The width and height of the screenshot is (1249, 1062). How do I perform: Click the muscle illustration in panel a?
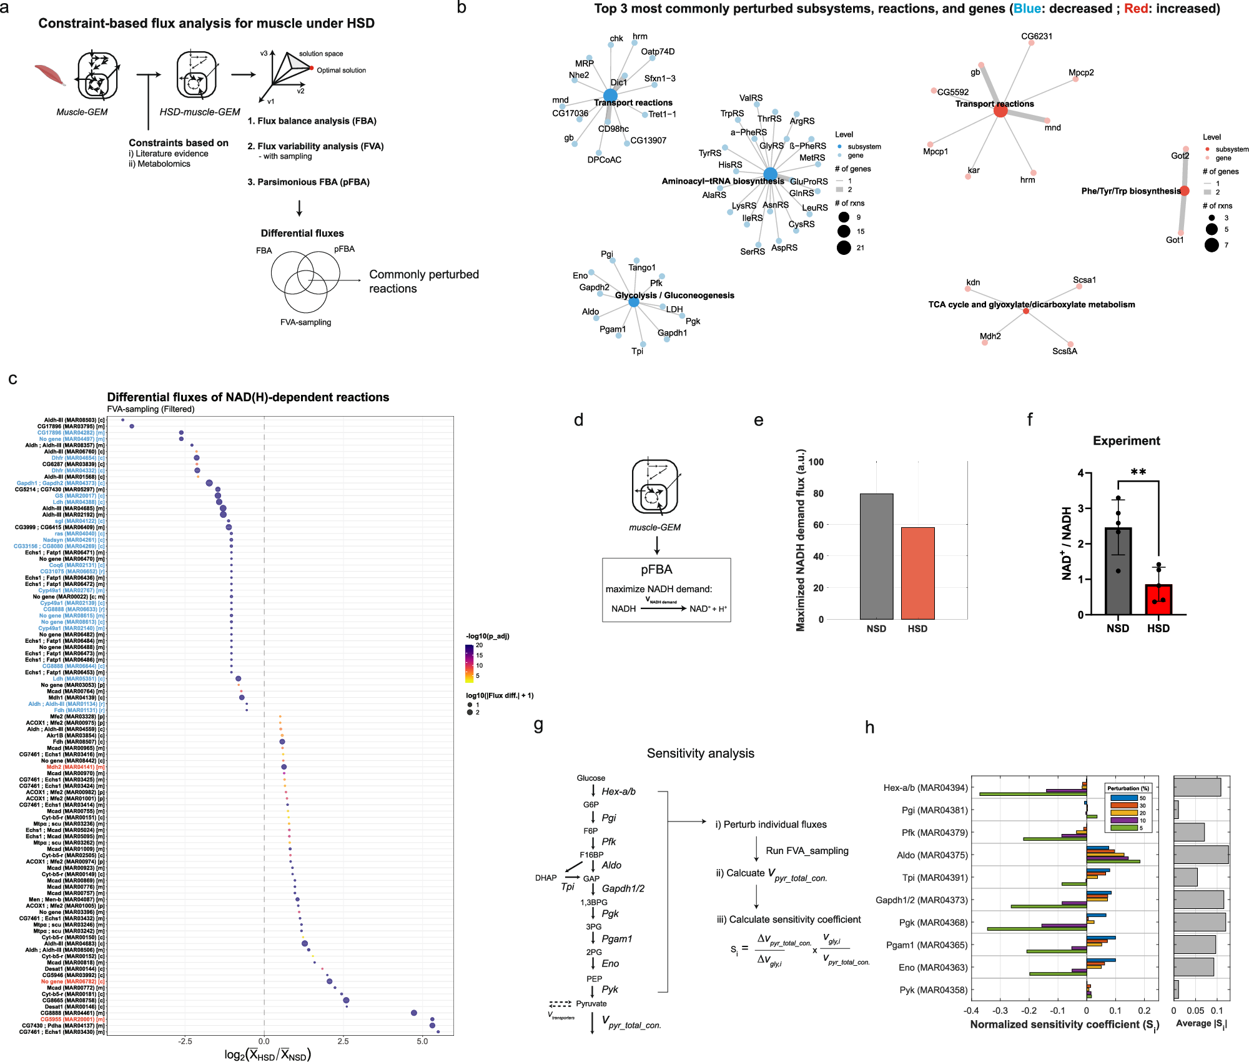pyautogui.click(x=50, y=75)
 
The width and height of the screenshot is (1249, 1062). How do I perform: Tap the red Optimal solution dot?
pyautogui.click(x=312, y=67)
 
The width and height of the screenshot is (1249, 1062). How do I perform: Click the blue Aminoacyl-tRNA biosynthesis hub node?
pyautogui.click(x=770, y=174)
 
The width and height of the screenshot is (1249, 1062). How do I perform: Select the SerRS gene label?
pyautogui.click(x=752, y=252)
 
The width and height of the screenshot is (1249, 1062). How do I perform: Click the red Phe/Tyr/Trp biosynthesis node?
pyautogui.click(x=1185, y=191)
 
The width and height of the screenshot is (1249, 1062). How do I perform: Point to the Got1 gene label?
pyautogui.click(x=1174, y=240)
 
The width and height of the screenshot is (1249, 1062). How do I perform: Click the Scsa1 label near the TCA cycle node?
pyautogui.click(x=1084, y=280)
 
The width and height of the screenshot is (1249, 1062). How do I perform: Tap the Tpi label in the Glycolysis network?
pyautogui.click(x=637, y=351)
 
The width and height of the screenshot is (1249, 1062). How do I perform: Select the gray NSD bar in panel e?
pyautogui.click(x=876, y=556)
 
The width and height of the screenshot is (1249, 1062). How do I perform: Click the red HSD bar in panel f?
pyautogui.click(x=1158, y=599)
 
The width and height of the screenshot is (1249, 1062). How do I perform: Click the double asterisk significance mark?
pyautogui.click(x=1138, y=472)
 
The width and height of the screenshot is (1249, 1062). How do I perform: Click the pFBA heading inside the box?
pyautogui.click(x=656, y=570)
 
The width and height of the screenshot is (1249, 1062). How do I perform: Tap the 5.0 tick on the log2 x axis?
pyautogui.click(x=422, y=1041)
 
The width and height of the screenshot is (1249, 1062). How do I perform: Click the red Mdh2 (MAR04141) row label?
pyautogui.click(x=75, y=767)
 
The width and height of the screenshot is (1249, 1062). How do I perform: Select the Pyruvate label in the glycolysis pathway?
pyautogui.click(x=591, y=1004)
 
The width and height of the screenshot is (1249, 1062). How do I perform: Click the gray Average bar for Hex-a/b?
pyautogui.click(x=1197, y=787)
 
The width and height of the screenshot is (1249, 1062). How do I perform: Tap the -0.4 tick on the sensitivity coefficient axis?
pyautogui.click(x=970, y=1011)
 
